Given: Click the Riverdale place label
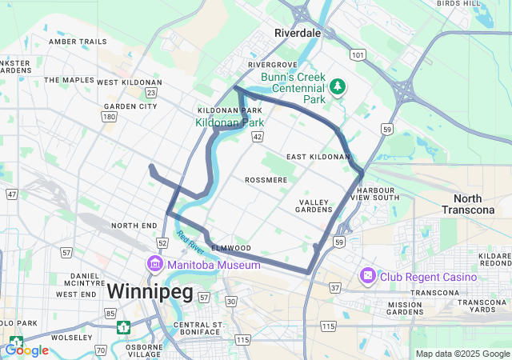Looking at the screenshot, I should [x=297, y=33].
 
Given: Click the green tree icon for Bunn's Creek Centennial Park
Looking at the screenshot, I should [x=338, y=86].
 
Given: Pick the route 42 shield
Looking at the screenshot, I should [x=257, y=138].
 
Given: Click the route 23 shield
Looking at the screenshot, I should [x=151, y=94].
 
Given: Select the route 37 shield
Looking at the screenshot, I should [x=334, y=287].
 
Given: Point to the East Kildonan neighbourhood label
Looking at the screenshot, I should [x=318, y=157].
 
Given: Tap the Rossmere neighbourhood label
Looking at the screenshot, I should [x=266, y=180].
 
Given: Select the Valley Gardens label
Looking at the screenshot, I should [x=315, y=206].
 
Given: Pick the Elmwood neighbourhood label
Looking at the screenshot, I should [x=231, y=248].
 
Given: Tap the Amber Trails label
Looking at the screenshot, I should [x=78, y=42].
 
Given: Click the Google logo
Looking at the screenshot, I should [x=26, y=350].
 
